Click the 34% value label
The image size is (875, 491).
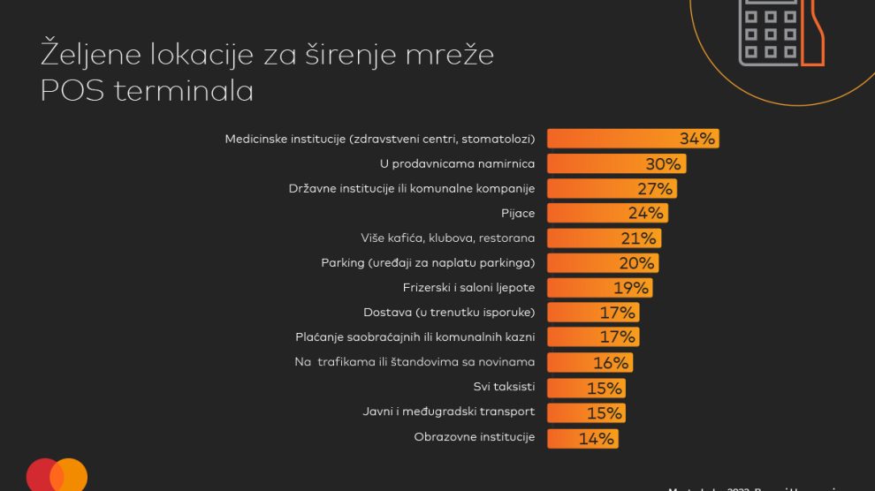(x=696, y=139)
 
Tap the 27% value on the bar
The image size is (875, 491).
(x=655, y=188)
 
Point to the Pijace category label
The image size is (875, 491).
(x=517, y=213)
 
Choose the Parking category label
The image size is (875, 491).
(x=428, y=262)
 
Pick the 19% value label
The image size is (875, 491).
(x=631, y=288)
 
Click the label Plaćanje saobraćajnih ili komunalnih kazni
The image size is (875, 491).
(x=415, y=337)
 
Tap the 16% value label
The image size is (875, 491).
(x=611, y=363)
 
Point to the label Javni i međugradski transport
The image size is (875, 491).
(x=448, y=412)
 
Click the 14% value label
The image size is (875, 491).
(x=596, y=438)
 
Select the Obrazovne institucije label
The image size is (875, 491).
(x=474, y=436)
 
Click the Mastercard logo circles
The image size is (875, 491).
(x=57, y=476)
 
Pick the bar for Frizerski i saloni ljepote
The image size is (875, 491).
(x=579, y=288)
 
